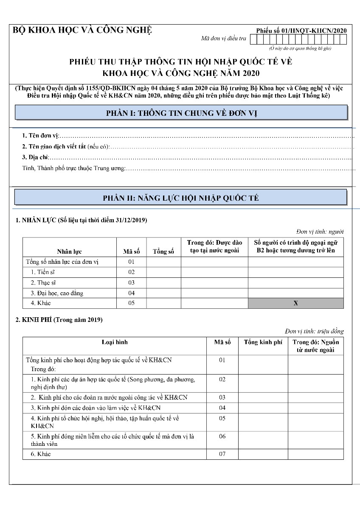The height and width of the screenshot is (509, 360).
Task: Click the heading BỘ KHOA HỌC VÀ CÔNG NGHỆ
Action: click(x=83, y=30)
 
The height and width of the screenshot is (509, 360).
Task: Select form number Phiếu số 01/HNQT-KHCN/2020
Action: click(x=301, y=31)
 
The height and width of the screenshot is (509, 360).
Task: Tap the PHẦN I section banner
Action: click(x=181, y=113)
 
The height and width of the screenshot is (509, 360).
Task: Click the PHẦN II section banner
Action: click(x=181, y=198)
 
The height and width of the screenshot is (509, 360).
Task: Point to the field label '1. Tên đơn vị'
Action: click(x=40, y=136)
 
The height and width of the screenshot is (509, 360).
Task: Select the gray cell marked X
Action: click(x=295, y=303)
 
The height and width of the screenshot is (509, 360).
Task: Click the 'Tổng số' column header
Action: click(x=163, y=252)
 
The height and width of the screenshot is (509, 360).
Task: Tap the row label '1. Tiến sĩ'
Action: click(x=42, y=272)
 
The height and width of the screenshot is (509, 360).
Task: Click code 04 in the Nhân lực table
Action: click(x=131, y=293)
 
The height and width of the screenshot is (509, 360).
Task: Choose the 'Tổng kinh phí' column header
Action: click(x=263, y=342)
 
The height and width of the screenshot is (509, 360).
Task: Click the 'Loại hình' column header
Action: click(x=115, y=342)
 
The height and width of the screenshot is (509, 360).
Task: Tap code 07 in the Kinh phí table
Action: click(x=222, y=454)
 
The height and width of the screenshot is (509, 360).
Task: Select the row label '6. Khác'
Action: click(x=41, y=454)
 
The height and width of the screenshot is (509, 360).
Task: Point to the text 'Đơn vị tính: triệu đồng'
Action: click(x=314, y=331)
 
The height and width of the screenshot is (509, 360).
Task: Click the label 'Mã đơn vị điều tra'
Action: click(x=224, y=39)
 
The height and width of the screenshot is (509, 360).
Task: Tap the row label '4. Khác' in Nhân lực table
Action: click(x=40, y=303)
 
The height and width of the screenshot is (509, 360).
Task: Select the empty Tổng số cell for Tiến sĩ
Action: click(x=163, y=272)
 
